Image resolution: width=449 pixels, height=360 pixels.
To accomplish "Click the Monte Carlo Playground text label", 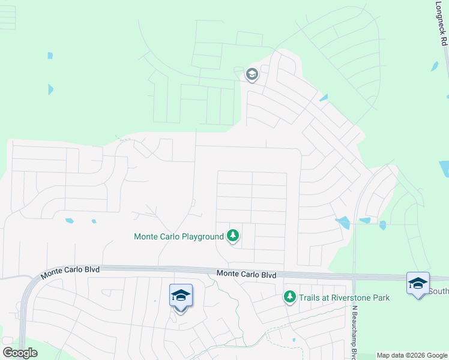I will coord(178,236).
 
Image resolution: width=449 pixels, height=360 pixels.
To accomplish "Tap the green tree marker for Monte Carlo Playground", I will coord(233,236).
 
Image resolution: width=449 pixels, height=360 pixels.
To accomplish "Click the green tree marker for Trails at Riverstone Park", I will coord(290,296).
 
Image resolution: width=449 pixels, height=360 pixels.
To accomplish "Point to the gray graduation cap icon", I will coord(252,75).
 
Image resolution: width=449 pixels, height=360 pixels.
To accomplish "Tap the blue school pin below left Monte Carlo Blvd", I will coord(181,296).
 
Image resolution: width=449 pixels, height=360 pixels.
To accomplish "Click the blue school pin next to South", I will coord(417,284).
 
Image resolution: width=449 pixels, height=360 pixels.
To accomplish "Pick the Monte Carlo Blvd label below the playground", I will coord(246,274).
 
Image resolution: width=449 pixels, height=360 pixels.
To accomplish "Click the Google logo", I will coord(20,352).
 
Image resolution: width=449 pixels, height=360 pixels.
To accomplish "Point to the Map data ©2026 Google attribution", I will coord(411,355).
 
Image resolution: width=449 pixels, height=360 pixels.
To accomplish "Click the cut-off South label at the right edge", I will coord(439,292).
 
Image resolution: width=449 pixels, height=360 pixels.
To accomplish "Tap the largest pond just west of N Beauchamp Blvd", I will coord(343,223).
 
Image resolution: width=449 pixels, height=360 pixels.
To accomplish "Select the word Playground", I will coord(202,236).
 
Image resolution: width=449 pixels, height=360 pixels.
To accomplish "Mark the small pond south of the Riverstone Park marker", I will coord(294,341).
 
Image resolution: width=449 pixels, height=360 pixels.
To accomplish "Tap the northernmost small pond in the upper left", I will coord(50,56).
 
